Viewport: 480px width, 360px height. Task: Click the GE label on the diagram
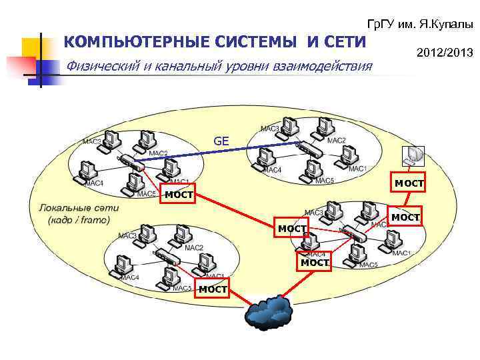pyautogui.click(x=221, y=141)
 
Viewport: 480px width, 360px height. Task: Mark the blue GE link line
pyautogui.click(x=220, y=153)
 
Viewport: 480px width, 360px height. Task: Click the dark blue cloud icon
pyautogui.click(x=269, y=311)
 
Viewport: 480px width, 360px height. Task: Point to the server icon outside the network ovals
pyautogui.click(x=413, y=155)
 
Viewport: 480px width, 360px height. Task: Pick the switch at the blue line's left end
pyautogui.click(x=130, y=163)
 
